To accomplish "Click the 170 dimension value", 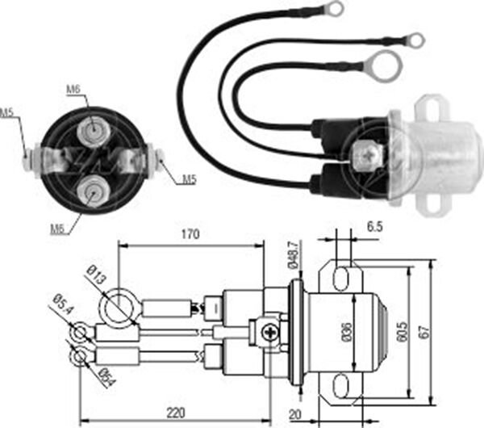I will click(191, 234).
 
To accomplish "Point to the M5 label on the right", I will click(187, 179).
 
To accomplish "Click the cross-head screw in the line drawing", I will click(266, 329).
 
